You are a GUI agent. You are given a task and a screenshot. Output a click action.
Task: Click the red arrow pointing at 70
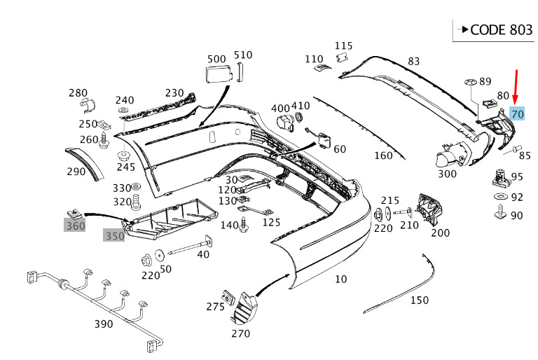(x=516, y=86)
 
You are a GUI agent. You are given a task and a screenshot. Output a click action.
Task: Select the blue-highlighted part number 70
(x=518, y=114)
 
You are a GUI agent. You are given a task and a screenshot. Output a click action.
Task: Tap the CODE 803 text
(x=502, y=30)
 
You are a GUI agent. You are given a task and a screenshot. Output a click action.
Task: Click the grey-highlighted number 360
(x=75, y=226)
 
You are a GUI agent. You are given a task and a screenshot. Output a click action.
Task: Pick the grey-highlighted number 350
(x=114, y=235)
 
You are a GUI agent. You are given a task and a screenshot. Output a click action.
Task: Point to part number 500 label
(x=216, y=59)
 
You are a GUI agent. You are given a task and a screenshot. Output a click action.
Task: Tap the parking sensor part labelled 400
(x=286, y=124)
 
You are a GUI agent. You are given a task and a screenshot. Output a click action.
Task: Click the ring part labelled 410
(x=299, y=117)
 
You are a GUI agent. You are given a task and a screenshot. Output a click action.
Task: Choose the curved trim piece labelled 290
(x=85, y=162)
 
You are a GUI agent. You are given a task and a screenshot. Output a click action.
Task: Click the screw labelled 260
(x=104, y=141)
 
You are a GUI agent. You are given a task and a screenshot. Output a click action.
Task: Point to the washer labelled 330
(x=136, y=188)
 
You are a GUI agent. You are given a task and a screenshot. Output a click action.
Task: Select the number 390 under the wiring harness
(x=104, y=324)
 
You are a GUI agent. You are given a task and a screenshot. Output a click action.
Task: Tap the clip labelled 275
(x=228, y=298)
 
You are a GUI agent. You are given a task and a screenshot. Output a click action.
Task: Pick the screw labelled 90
(x=501, y=212)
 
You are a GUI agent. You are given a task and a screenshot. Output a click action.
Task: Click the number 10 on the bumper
(x=340, y=279)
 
